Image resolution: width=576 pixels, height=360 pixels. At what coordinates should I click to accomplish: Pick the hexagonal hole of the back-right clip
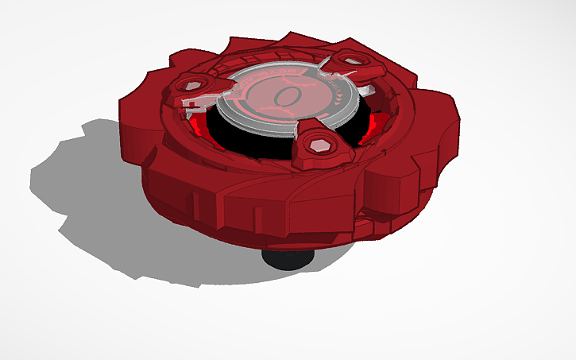coord(351,60)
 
